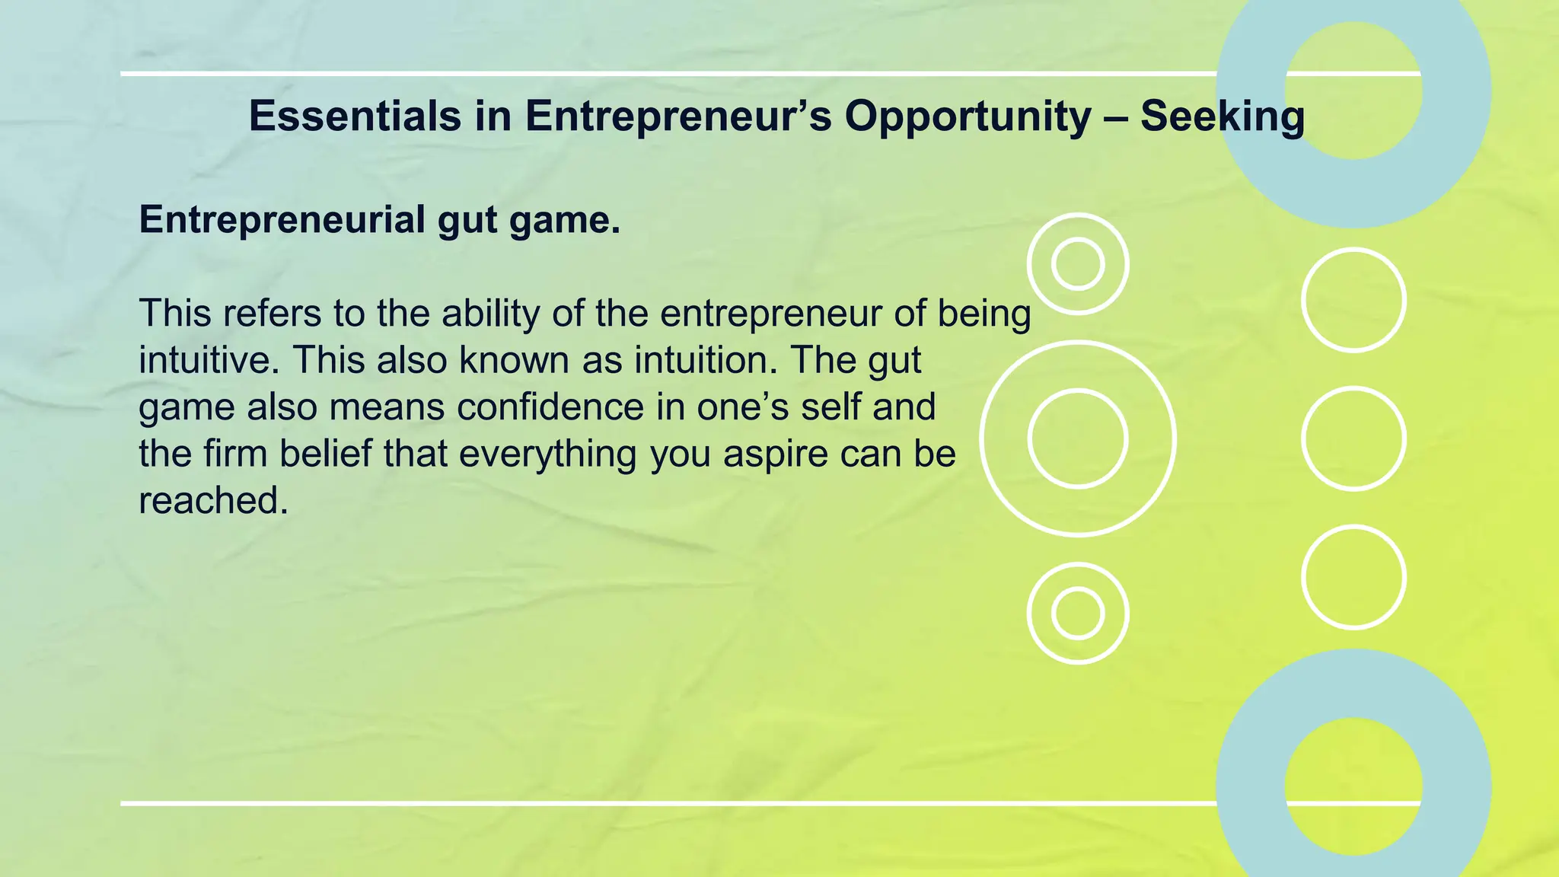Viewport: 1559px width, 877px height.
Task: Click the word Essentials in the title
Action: pyautogui.click(x=355, y=116)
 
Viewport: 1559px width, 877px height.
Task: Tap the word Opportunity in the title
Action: pyautogui.click(x=967, y=118)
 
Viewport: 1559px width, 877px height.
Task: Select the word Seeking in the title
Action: pyautogui.click(x=1223, y=118)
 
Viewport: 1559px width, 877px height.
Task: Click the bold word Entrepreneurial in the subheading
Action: pyautogui.click(x=282, y=220)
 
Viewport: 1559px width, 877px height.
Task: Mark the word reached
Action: pyautogui.click(x=213, y=501)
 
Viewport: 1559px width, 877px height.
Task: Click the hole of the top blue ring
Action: pyautogui.click(x=1353, y=90)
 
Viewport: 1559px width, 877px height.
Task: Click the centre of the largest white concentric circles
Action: pyautogui.click(x=1078, y=438)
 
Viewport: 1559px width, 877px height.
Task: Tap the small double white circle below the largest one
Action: pyautogui.click(x=1078, y=613)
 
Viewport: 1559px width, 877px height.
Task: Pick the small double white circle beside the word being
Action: pyautogui.click(x=1078, y=263)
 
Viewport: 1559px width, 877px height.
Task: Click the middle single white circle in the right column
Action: pyautogui.click(x=1353, y=438)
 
